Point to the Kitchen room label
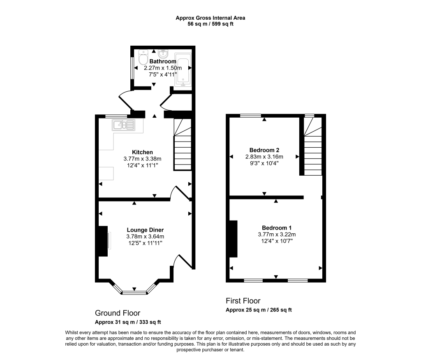point(142,152)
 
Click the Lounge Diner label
point(145,230)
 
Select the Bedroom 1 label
point(277,228)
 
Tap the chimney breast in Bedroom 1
point(233,239)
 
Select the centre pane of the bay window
point(134,293)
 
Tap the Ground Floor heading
point(118,313)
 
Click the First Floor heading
point(243,301)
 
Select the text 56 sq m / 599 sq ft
point(210,24)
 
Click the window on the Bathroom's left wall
point(132,67)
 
